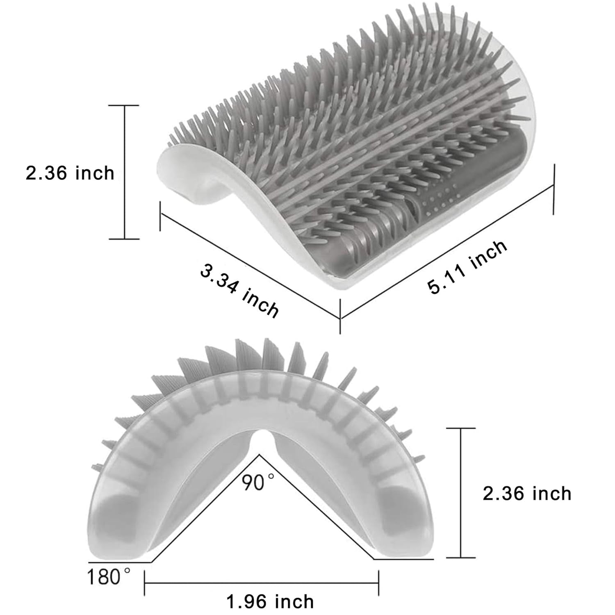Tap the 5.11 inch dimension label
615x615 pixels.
pos(468,267)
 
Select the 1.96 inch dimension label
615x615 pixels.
pos(270,602)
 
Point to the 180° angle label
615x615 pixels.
pos(109,576)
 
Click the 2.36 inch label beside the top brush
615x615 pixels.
pos(70,173)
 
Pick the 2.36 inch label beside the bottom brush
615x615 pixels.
pos(527,493)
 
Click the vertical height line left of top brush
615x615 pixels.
pos(125,172)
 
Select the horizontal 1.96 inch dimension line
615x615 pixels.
pos(262,582)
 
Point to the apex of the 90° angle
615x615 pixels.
pos(259,455)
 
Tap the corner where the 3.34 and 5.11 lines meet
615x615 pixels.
pos(340,318)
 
